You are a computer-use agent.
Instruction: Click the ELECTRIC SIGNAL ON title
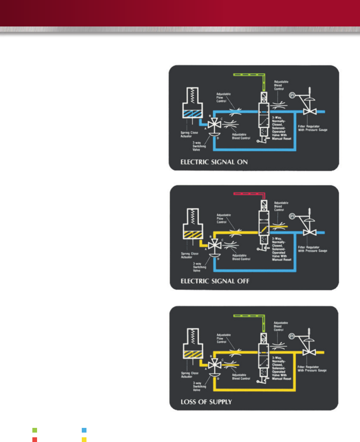(214, 162)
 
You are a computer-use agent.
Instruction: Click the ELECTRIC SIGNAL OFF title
(215, 281)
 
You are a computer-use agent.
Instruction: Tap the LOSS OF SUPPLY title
(206, 402)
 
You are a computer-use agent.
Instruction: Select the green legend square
(35, 430)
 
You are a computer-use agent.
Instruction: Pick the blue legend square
(84, 430)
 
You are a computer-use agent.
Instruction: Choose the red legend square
(35, 440)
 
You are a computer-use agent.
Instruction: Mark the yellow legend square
(84, 440)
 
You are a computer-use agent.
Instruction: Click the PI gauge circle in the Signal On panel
(292, 95)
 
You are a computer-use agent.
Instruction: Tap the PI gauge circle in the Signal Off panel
(292, 216)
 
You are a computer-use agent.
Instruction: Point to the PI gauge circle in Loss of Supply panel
(292, 336)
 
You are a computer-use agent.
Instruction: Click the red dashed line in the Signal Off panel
(249, 194)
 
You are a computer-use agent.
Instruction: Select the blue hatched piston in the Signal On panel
(193, 114)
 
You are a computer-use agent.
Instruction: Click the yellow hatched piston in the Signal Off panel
(193, 234)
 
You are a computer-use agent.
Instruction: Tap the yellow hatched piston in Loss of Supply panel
(193, 354)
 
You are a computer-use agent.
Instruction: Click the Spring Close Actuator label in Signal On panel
(189, 134)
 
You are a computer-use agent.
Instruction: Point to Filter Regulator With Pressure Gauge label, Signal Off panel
(312, 249)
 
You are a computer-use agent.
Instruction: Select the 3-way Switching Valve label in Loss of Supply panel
(199, 386)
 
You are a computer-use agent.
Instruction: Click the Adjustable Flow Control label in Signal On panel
(223, 98)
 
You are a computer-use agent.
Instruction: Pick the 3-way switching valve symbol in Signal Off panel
(215, 245)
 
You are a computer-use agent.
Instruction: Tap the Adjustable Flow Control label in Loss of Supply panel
(224, 338)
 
